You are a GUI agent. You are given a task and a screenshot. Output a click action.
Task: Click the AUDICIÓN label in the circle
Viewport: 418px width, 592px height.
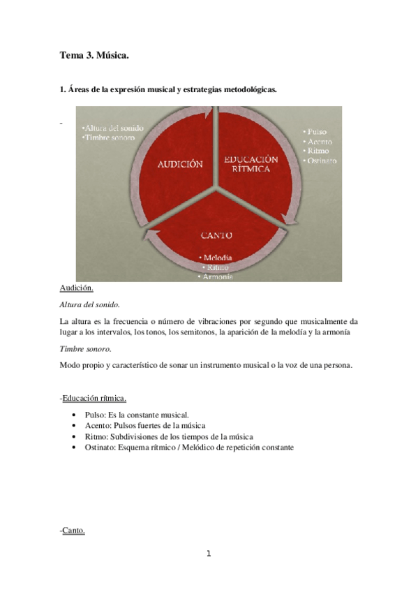pyautogui.click(x=181, y=164)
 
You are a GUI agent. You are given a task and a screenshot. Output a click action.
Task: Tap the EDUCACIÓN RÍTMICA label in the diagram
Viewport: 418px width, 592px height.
pyautogui.click(x=251, y=164)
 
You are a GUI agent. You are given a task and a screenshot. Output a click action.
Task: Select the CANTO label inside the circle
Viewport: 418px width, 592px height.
pyautogui.click(x=216, y=235)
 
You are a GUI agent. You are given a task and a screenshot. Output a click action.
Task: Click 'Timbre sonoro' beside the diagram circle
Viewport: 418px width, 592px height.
pyautogui.click(x=108, y=138)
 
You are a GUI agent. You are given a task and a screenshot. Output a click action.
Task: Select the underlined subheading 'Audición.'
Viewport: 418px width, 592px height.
pyautogui.click(x=77, y=288)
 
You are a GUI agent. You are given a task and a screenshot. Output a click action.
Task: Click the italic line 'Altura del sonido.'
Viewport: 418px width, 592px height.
pyautogui.click(x=90, y=304)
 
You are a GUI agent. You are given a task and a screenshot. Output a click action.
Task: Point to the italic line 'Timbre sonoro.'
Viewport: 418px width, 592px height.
pyautogui.click(x=85, y=348)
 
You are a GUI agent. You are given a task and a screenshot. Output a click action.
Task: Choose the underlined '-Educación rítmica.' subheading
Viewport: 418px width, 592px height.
pyautogui.click(x=94, y=398)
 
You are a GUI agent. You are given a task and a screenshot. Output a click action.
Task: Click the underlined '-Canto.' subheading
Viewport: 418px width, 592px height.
pyautogui.click(x=73, y=531)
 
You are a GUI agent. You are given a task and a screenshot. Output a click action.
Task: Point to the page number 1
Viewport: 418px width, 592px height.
pyautogui.click(x=208, y=554)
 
